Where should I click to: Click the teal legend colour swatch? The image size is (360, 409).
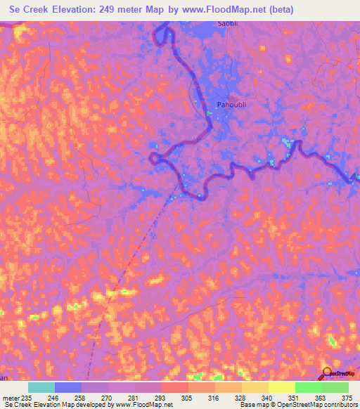[41, 387]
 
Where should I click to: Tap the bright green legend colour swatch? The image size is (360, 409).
[308, 387]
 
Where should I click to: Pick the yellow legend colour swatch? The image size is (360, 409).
[281, 387]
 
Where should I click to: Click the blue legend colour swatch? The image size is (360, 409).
[68, 387]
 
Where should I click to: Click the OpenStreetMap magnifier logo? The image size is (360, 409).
[327, 373]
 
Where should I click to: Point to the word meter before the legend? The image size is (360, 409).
[11, 398]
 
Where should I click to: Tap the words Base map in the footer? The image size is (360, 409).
[252, 405]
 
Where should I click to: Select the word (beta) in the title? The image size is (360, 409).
[276, 9]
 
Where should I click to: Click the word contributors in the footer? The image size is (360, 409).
[338, 405]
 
